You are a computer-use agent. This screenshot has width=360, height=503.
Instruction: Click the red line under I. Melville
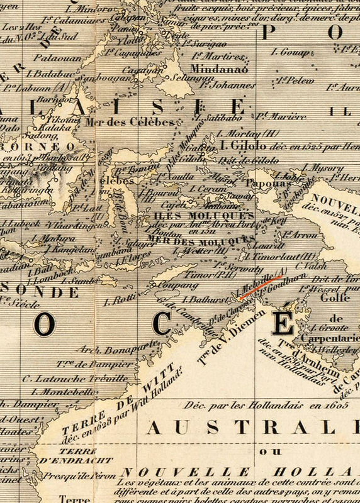click(260, 285)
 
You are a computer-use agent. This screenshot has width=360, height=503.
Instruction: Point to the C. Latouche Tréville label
click(74, 378)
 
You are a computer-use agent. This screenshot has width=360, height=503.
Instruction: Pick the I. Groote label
click(327, 327)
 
